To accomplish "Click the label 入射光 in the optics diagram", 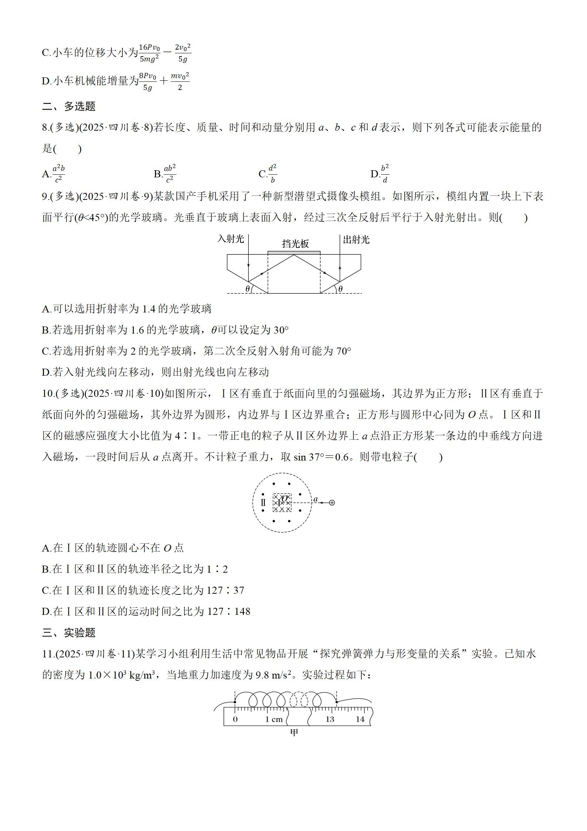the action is pos(230,239).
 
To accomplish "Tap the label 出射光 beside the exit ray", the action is pos(356,239).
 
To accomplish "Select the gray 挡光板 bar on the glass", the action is pos(294,252).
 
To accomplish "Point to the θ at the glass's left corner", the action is pos(247,288).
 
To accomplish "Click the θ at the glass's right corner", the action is pos(340,288).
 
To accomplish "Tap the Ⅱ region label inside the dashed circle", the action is pos(263,502).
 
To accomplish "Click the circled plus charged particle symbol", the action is pos(332,502).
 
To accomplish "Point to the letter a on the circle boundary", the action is pos(316,499).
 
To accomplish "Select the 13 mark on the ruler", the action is pos(330,719).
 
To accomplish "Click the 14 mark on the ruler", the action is pos(360,719).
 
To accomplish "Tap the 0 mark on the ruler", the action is pos(235,719).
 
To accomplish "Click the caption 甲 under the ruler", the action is pos(294,733).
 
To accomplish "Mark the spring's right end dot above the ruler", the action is pos(337,701).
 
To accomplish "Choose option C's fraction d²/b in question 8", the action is pos(273,173).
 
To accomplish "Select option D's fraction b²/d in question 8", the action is pos(385,173).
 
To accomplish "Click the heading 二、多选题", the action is pos(69,106).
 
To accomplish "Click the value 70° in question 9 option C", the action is pos(344,351).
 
